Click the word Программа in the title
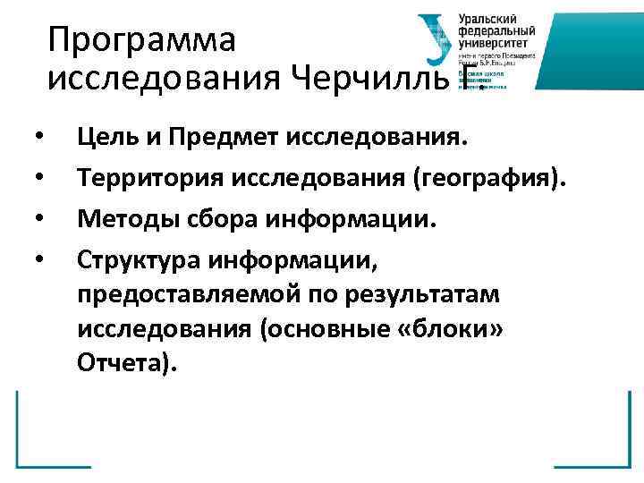coord(141,41)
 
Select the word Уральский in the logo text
coord(487,19)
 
